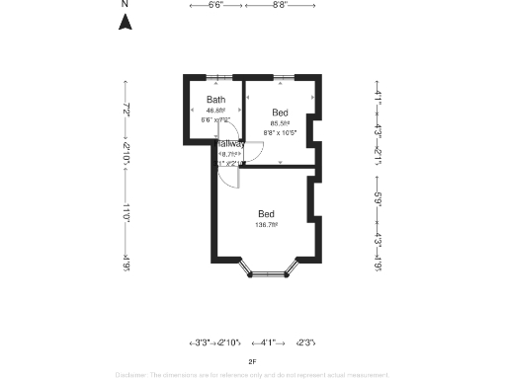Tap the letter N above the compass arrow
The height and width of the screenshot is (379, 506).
click(x=126, y=5)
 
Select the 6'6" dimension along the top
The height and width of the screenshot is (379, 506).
click(x=214, y=5)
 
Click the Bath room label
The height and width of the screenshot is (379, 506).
click(x=215, y=100)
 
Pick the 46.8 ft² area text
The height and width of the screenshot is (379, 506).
click(x=215, y=111)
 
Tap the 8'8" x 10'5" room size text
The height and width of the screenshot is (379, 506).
click(x=281, y=131)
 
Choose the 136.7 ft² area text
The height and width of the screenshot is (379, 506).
click(x=267, y=225)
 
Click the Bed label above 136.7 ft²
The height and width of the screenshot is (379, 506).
click(x=267, y=214)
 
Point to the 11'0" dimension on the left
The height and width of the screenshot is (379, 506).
click(x=126, y=208)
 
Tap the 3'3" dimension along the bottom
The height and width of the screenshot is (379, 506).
click(x=199, y=342)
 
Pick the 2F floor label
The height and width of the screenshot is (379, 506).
click(x=253, y=361)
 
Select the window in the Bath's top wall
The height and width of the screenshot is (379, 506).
click(x=213, y=77)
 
